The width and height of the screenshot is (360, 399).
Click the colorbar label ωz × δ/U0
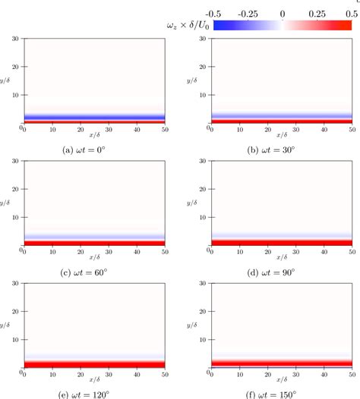187,25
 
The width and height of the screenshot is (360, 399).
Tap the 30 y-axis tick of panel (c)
16,160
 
